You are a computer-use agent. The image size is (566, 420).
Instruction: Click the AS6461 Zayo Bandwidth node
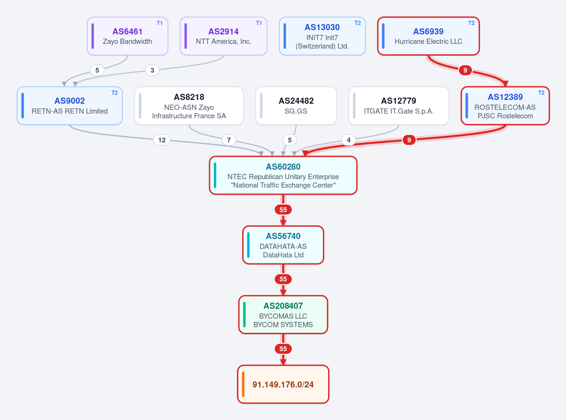(x=127, y=36)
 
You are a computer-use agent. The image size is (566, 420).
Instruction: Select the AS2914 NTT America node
(x=223, y=36)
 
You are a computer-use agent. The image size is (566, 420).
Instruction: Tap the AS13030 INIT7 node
(x=322, y=36)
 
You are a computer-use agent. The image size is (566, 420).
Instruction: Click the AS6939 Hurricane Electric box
(x=429, y=36)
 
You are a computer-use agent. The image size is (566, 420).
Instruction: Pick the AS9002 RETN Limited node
(x=70, y=106)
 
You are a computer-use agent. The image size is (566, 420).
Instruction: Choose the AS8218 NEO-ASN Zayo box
(x=189, y=106)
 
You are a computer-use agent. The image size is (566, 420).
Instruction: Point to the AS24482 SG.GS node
(x=296, y=106)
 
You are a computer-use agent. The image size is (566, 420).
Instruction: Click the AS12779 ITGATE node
(x=399, y=106)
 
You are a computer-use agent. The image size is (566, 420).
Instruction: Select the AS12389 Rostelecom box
(x=506, y=106)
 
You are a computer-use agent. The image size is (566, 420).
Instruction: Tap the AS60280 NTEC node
(x=283, y=175)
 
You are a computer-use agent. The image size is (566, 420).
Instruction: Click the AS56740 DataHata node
(x=283, y=245)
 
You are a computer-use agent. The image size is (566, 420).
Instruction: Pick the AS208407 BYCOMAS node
(x=283, y=315)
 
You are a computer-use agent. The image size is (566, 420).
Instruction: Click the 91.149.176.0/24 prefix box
(x=283, y=384)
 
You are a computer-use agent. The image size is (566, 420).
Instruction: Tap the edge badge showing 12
(x=162, y=140)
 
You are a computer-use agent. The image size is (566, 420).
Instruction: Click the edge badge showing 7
(x=229, y=140)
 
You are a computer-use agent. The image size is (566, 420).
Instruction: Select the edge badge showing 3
(x=152, y=70)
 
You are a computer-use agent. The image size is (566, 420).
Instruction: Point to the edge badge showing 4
(x=349, y=140)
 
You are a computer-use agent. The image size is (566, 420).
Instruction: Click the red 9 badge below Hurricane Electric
(x=465, y=70)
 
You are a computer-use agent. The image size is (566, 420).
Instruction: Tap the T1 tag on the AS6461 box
(x=160, y=23)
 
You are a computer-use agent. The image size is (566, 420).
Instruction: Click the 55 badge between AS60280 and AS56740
(x=283, y=210)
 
